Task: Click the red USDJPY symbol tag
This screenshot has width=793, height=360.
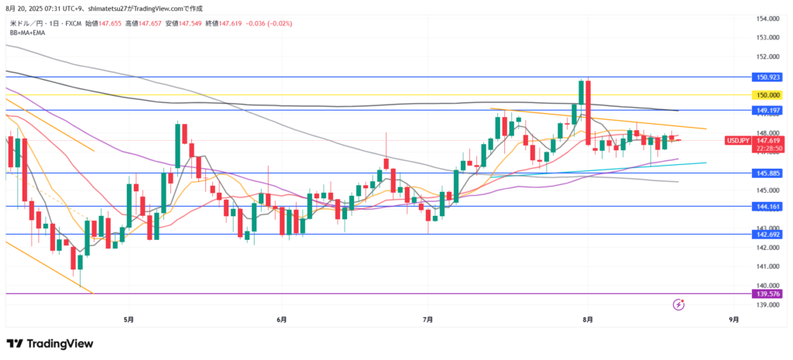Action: pyautogui.click(x=736, y=141)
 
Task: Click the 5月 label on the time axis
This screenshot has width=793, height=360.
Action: pyautogui.click(x=129, y=318)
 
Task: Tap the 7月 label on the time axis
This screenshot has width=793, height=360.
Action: pyautogui.click(x=428, y=318)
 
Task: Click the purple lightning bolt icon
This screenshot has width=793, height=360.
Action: pyautogui.click(x=679, y=305)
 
